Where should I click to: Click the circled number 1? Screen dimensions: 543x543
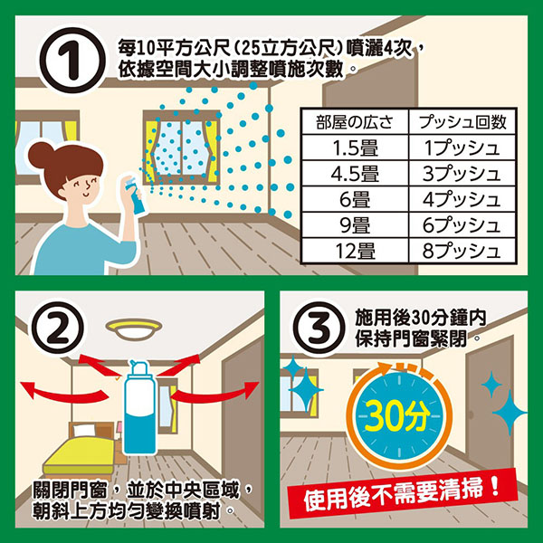pos(72,61)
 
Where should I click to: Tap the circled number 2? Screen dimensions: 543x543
pos(58,328)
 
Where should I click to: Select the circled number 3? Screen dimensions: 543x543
pos(319,328)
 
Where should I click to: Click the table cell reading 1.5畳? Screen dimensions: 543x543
pos(355,148)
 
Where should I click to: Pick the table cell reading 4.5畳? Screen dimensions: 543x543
pos(355,173)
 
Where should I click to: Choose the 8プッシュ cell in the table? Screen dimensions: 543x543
pos(462,251)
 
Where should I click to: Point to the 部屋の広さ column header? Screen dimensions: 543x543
pos(355,122)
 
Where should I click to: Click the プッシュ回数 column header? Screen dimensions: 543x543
pos(462,122)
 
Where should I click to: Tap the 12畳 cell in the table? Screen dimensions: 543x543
pos(355,251)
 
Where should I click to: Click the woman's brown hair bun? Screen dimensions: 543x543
pos(41,155)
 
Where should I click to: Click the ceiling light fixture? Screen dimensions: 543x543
pos(134,329)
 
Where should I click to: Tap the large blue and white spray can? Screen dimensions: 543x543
pos(139,407)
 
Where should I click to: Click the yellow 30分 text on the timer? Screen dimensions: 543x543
pos(397,415)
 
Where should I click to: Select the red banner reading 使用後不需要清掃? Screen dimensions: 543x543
pos(403,493)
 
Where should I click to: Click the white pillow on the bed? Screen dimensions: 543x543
pos(84,431)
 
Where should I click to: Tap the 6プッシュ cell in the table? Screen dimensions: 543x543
pos(462,224)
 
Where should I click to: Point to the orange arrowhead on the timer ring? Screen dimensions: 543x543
pos(384,368)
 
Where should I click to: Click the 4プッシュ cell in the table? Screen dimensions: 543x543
pos(462,199)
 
